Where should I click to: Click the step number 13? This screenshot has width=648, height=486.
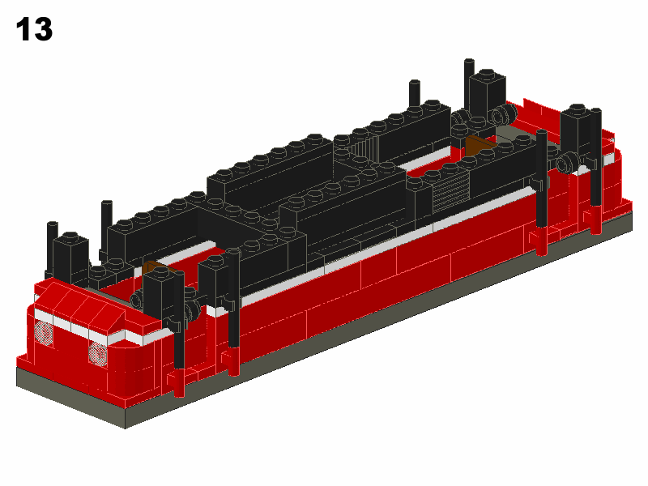(34, 29)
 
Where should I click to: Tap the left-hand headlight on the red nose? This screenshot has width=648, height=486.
(44, 332)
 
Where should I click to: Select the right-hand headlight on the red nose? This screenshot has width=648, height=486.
(97, 352)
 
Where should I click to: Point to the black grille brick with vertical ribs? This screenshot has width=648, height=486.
(365, 147)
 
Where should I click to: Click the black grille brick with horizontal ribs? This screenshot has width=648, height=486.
(451, 192)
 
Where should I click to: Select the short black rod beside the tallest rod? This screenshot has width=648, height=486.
(415, 92)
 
